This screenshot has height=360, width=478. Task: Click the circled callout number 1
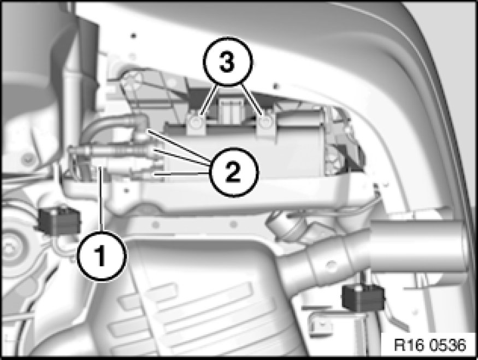[x=101, y=256]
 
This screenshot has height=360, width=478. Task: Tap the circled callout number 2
[x=233, y=172]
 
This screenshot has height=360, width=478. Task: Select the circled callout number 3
[x=227, y=62]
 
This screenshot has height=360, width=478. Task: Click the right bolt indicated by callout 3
[x=266, y=122]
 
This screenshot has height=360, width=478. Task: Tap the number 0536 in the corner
[x=448, y=345]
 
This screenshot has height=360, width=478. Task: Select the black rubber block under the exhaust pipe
[x=363, y=298]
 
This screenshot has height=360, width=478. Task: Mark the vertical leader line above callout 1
[x=101, y=199]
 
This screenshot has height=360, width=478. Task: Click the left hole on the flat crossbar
[x=156, y=225]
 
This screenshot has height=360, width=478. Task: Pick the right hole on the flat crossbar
[x=233, y=225]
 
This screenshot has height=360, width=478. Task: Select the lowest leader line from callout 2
[x=182, y=174]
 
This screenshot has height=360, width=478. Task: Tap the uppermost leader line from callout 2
[x=179, y=146]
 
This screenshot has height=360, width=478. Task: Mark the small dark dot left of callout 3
[x=133, y=36]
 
